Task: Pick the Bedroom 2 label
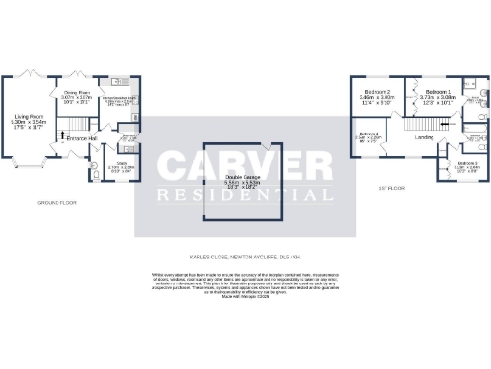[377, 92]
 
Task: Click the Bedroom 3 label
[467, 164]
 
